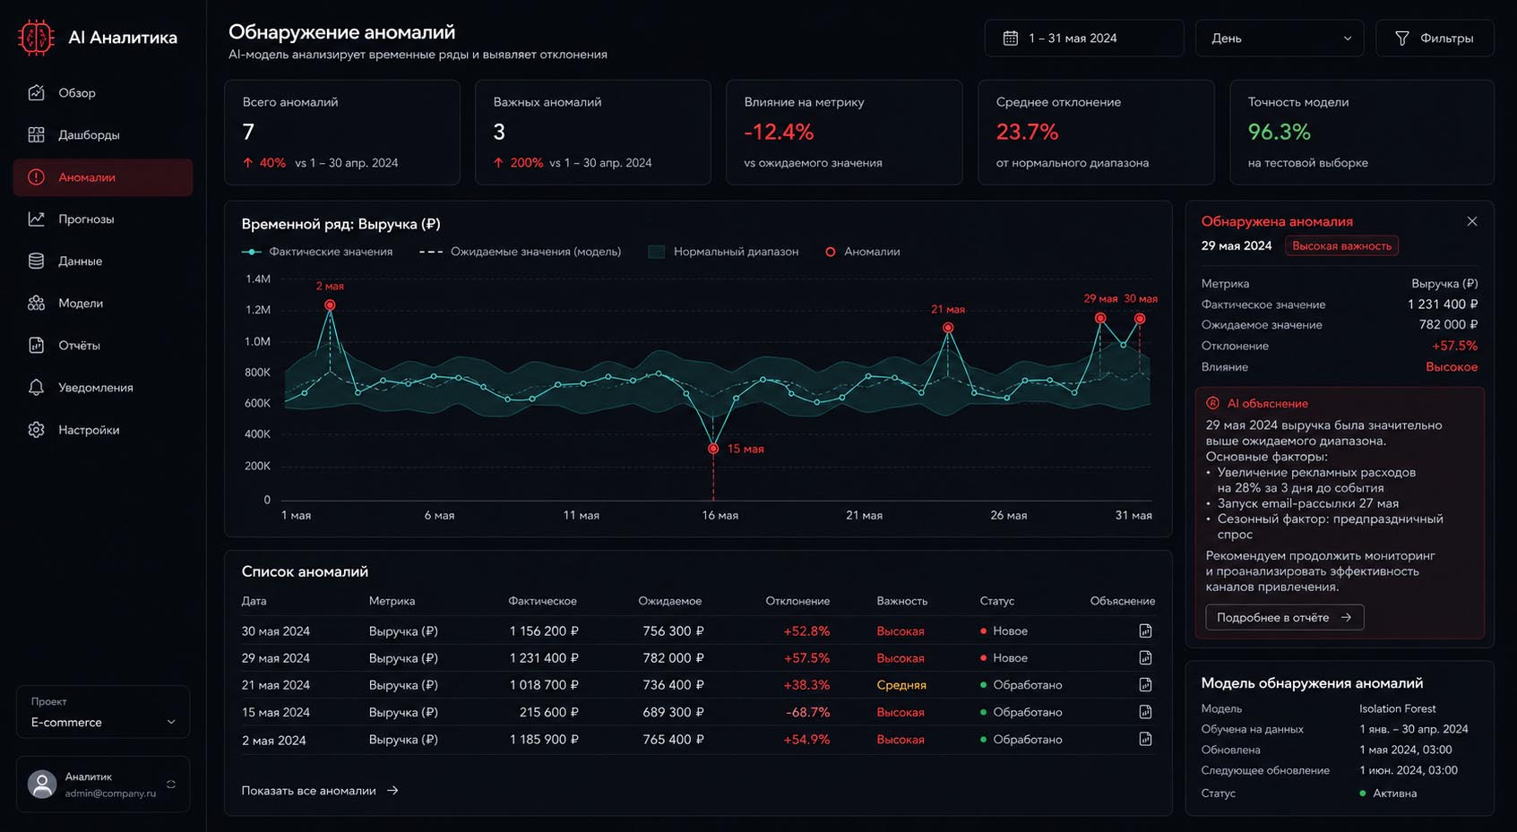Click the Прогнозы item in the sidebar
tap(86, 219)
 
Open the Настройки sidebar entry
tap(89, 430)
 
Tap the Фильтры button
tap(1435, 39)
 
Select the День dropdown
tap(1280, 39)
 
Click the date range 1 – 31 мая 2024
tap(1083, 39)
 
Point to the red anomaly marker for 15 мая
tap(713, 449)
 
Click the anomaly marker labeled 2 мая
tap(330, 305)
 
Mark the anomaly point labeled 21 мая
tap(948, 328)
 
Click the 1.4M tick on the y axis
tap(258, 279)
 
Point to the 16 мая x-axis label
tap(720, 515)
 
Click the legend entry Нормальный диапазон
tap(724, 252)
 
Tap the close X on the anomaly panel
tap(1471, 221)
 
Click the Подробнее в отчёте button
tap(1284, 617)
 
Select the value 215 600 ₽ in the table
tap(548, 712)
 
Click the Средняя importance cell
tap(901, 685)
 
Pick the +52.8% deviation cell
tap(806, 630)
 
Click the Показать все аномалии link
tap(320, 791)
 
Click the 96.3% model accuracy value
tap(1280, 132)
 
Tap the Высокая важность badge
tap(1341, 245)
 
